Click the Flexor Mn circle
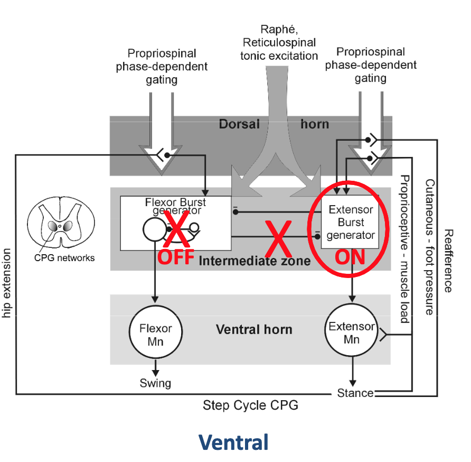pyautogui.click(x=155, y=335)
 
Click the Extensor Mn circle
pyautogui.click(x=352, y=333)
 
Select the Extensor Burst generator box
pyautogui.click(x=351, y=222)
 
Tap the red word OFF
pyautogui.click(x=176, y=257)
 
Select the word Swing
pyautogui.click(x=155, y=382)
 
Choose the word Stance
pyautogui.click(x=355, y=393)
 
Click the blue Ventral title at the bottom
pyautogui.click(x=233, y=442)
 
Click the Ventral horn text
pyautogui.click(x=254, y=329)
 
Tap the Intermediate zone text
pyautogui.click(x=254, y=260)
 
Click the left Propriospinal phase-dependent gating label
pyautogui.click(x=162, y=67)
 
